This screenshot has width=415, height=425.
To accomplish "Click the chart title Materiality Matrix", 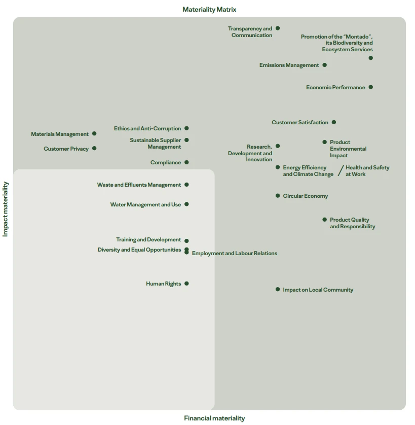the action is tap(209, 10).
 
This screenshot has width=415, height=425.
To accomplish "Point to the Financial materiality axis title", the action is tap(214, 418).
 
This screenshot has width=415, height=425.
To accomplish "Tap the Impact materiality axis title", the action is tap(6, 209).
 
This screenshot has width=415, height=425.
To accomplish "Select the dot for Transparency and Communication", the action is tap(278, 28).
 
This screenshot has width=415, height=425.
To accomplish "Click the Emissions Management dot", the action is tap(324, 65).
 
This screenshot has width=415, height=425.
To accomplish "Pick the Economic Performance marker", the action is tap(371, 87).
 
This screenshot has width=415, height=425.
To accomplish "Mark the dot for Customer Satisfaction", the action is tap(334, 122).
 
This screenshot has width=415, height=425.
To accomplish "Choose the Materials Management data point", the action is tap(94, 133).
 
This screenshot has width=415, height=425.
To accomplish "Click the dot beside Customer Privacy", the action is tap(94, 148).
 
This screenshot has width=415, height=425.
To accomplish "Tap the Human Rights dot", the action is tap(186, 284).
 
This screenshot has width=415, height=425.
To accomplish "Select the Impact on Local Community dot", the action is tap(278, 289).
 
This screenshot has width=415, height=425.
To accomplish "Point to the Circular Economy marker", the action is tap(278, 195).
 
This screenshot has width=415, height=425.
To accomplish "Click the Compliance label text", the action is tap(166, 163).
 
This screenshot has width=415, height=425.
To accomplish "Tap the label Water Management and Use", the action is tap(145, 205).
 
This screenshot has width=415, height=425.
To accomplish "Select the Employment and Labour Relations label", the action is tap(235, 253).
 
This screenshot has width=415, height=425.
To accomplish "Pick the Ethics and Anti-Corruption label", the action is tap(147, 128).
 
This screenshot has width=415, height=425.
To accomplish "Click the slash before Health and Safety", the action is tap(341, 170).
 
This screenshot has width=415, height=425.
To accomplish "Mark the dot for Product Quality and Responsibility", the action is tap(324, 220).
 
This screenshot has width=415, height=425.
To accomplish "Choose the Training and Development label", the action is tap(148, 239).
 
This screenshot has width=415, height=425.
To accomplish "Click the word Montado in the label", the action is tap(358, 37).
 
